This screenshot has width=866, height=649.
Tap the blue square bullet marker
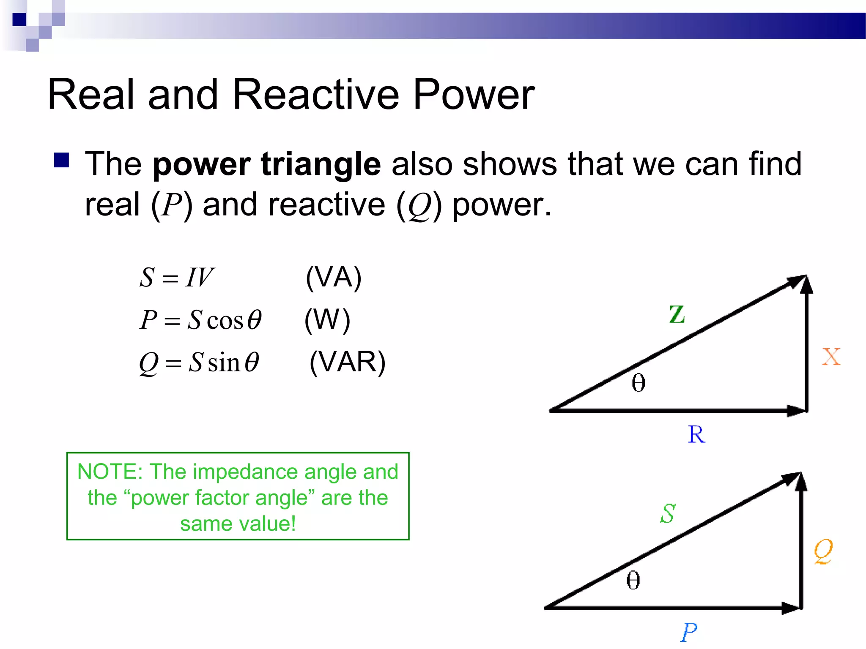[x=62, y=160]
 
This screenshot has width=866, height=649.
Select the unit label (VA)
[x=334, y=278]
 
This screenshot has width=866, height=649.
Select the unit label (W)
[x=327, y=320]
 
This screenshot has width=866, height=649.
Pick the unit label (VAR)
[x=347, y=362]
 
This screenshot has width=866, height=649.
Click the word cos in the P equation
[x=225, y=321]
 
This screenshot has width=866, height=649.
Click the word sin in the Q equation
[x=224, y=363]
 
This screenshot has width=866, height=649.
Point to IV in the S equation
[x=200, y=278]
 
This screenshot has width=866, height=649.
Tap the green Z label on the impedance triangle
[x=677, y=314]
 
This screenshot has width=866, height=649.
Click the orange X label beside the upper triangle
[x=831, y=357]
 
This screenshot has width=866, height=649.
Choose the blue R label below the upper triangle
[x=696, y=435]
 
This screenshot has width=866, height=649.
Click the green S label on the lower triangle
[x=668, y=514]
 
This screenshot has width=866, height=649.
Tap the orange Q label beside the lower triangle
[x=823, y=551]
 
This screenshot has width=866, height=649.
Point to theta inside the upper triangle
[x=639, y=383]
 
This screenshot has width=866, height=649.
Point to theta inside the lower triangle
[x=633, y=580]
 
